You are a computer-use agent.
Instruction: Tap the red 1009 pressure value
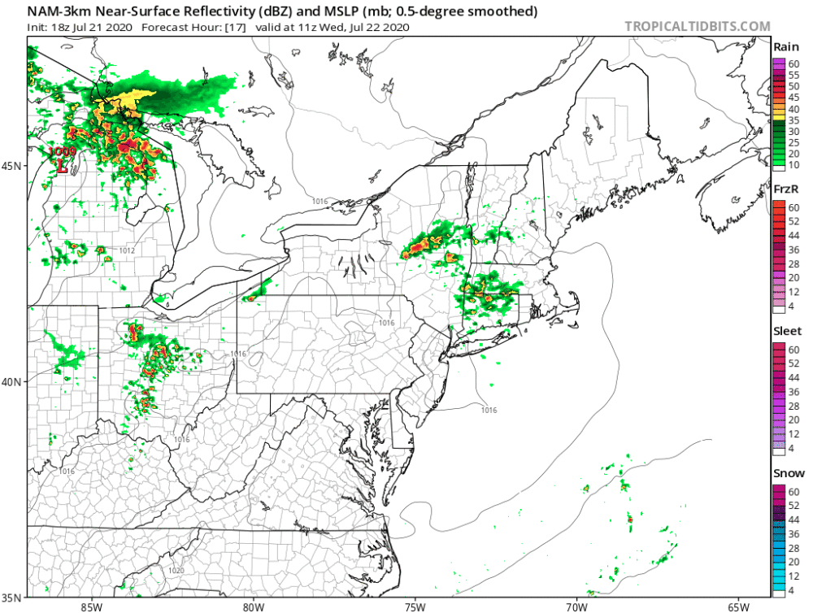tap(62, 151)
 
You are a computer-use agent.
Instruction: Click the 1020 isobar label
tap(175, 571)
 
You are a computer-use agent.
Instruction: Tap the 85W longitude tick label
tap(91, 606)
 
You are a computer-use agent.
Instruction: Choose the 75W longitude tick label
tap(415, 606)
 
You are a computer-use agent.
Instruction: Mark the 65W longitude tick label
tap(737, 606)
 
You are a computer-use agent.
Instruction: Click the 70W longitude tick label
tap(576, 606)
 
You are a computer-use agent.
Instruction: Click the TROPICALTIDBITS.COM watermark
tap(697, 26)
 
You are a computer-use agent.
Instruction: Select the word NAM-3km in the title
tap(63, 11)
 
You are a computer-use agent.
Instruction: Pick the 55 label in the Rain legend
tap(793, 74)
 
